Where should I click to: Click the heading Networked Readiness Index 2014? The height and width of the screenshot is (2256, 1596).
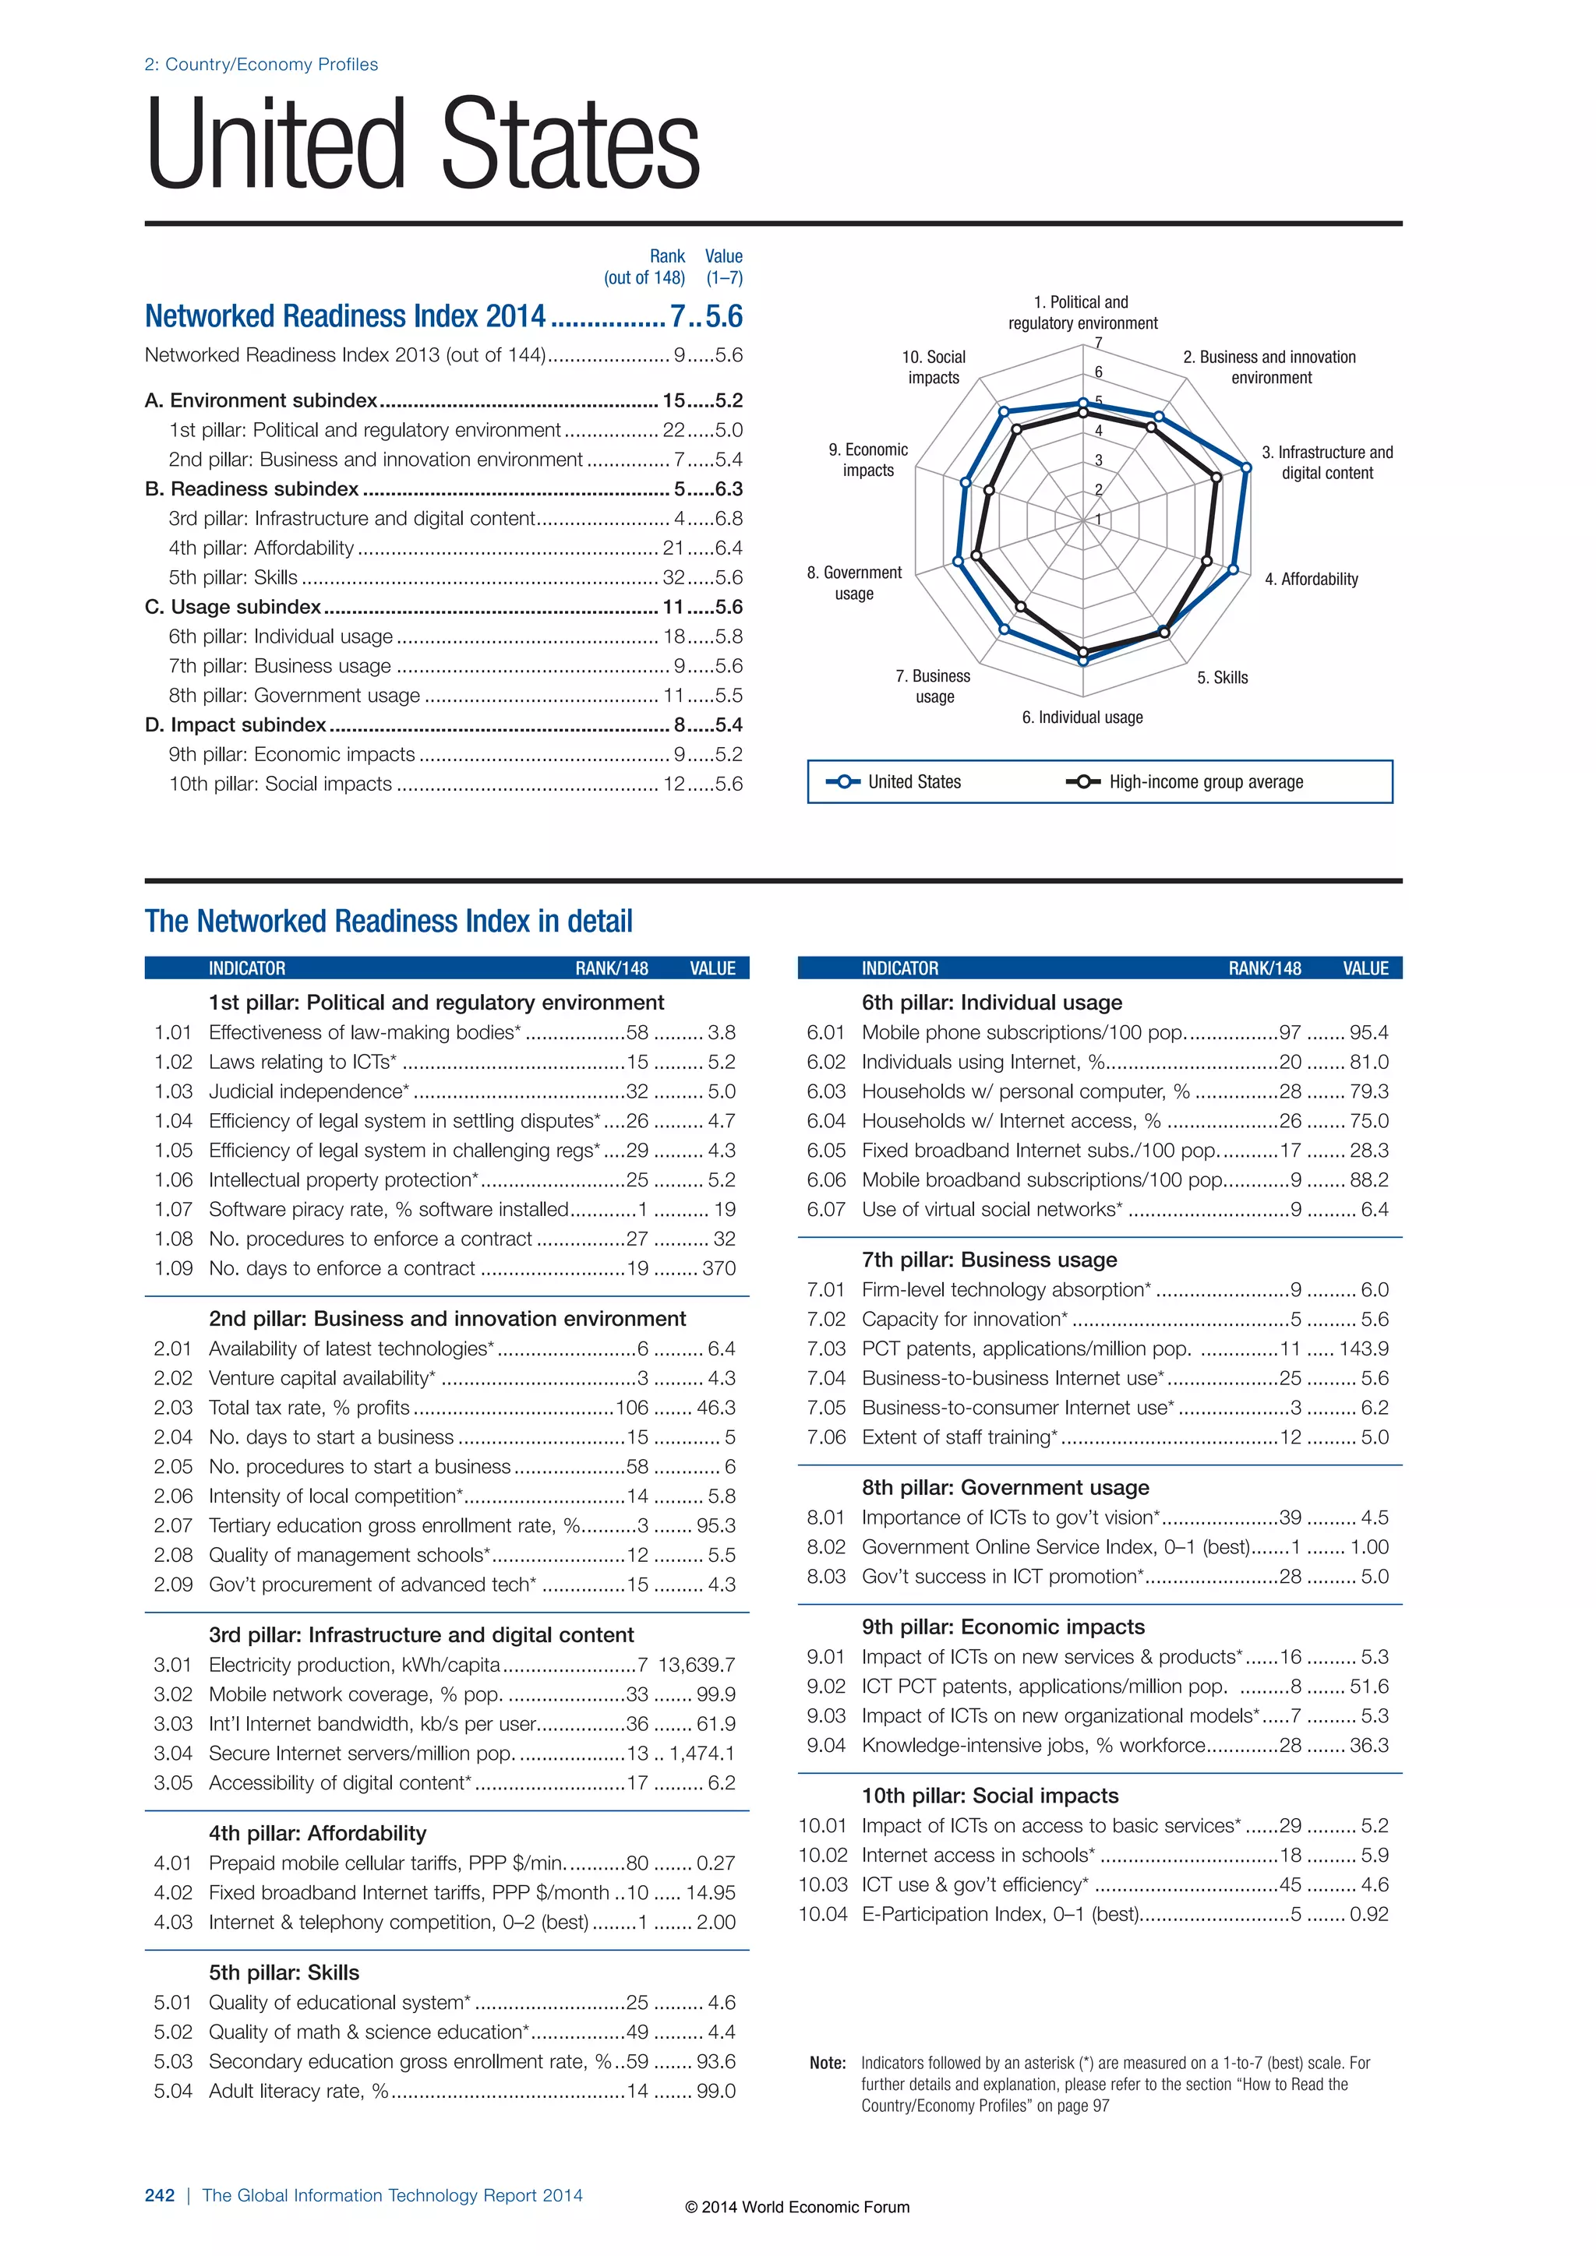click(x=345, y=316)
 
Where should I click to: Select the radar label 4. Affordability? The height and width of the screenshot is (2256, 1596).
click(x=1311, y=580)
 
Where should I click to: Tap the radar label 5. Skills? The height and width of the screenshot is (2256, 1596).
click(x=1223, y=678)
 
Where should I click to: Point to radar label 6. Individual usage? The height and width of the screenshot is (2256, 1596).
click(x=1082, y=718)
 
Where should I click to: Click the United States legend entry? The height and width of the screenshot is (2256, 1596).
click(x=895, y=782)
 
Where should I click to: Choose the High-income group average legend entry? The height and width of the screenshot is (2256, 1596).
click(x=1185, y=782)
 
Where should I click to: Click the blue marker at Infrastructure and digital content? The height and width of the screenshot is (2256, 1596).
click(x=1246, y=469)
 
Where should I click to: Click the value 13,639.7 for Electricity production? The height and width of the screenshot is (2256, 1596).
click(x=697, y=1666)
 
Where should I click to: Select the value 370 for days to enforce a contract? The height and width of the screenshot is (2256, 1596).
click(x=719, y=1268)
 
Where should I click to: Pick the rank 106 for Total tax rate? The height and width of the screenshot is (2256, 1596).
click(x=632, y=1408)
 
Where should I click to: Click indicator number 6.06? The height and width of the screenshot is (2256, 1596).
click(x=825, y=1180)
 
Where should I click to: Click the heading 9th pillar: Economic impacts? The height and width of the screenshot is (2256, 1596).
click(x=1004, y=1627)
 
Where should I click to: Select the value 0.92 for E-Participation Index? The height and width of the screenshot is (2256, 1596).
click(x=1369, y=1914)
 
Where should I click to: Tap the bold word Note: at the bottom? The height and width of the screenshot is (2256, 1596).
click(x=828, y=2064)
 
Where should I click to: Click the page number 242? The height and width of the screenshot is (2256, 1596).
click(x=159, y=2196)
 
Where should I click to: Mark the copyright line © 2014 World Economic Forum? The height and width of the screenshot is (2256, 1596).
click(x=797, y=2208)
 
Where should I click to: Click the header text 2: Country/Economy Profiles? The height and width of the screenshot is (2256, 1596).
click(x=261, y=65)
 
